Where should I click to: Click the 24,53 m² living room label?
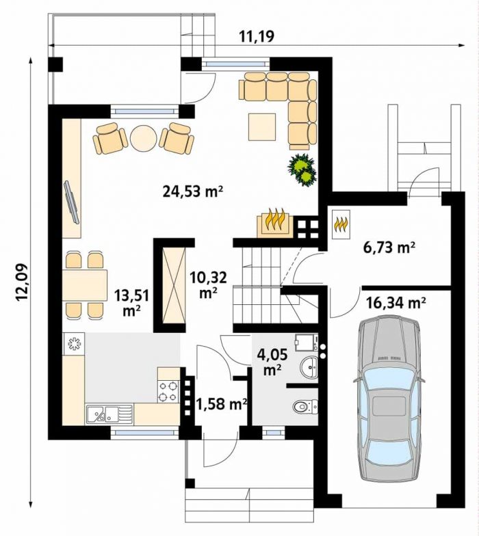(x=193, y=191)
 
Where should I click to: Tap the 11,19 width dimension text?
(x=257, y=36)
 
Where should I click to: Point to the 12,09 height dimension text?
(x=21, y=282)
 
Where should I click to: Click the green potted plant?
(x=302, y=170)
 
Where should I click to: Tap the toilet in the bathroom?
(x=305, y=406)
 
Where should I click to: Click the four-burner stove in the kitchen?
(x=168, y=391)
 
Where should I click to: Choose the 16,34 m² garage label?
(x=396, y=302)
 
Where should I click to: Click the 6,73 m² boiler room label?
(x=389, y=247)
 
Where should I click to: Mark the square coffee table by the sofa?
(x=262, y=127)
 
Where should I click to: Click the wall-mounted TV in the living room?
(x=71, y=202)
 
